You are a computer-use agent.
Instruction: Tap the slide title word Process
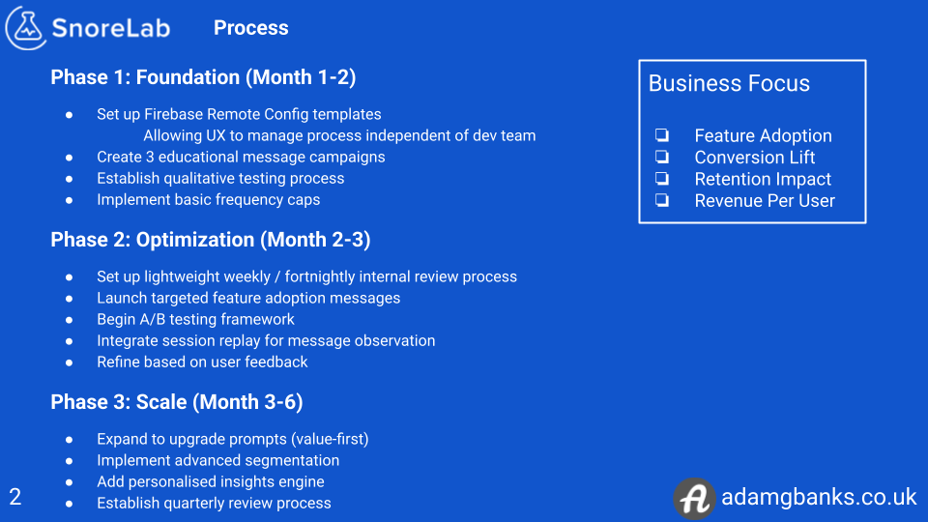pyautogui.click(x=250, y=28)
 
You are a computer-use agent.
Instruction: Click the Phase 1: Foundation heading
pyautogui.click(x=203, y=77)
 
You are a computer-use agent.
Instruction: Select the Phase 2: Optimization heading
pyautogui.click(x=211, y=240)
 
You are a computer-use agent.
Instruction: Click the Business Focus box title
pyautogui.click(x=729, y=83)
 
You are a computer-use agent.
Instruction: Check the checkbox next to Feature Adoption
pyautogui.click(x=662, y=135)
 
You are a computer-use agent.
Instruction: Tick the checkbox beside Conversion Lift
pyautogui.click(x=662, y=157)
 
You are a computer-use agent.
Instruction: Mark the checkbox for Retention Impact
pyautogui.click(x=662, y=179)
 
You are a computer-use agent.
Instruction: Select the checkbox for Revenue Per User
pyautogui.click(x=662, y=200)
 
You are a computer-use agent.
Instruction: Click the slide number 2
pyautogui.click(x=15, y=498)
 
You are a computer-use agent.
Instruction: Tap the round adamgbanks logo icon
pyautogui.click(x=693, y=498)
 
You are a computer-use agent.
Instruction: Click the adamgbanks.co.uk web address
pyautogui.click(x=819, y=498)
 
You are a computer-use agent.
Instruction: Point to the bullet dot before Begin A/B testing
pyautogui.click(x=70, y=319)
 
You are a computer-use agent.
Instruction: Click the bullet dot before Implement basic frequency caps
pyautogui.click(x=70, y=200)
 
